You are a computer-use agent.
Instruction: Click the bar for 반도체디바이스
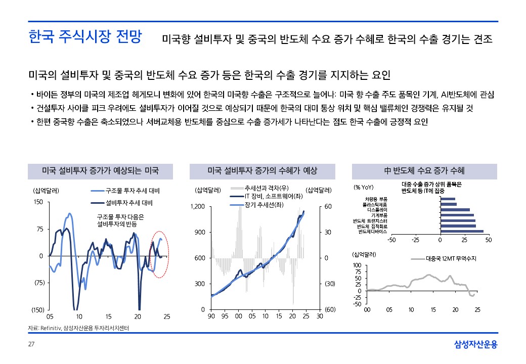462,232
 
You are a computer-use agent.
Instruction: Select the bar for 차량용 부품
448,199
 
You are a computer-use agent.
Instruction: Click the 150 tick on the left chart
38,202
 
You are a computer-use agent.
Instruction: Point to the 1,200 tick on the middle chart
197,206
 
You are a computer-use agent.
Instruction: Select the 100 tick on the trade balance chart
357,265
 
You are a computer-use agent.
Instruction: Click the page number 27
31,345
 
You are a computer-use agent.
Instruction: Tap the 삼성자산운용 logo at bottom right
475,345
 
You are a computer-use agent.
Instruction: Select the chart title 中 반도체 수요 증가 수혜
424,171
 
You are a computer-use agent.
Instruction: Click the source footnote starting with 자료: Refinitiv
78,329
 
